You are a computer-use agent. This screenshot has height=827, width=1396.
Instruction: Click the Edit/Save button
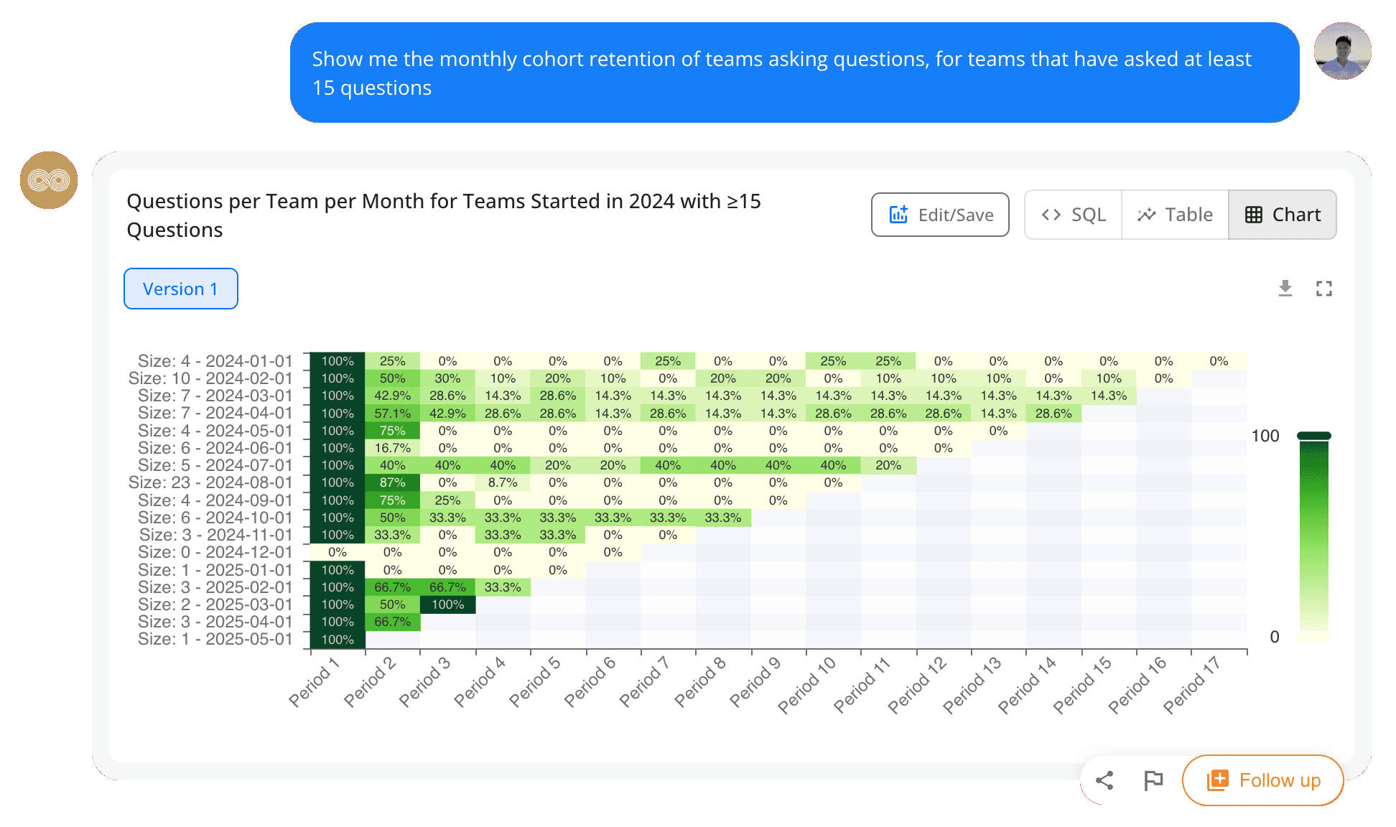coord(940,215)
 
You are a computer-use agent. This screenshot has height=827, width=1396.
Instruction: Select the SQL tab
coord(1074,215)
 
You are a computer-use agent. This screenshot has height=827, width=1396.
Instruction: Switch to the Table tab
coord(1175,215)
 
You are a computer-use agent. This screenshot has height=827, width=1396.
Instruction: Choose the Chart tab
coord(1283,215)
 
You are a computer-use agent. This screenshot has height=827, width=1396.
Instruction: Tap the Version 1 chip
coord(180,289)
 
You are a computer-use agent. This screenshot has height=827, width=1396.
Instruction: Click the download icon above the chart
coord(1285,289)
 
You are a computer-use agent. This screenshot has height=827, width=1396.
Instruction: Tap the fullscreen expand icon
coord(1324,289)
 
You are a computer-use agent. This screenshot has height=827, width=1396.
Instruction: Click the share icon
coord(1104,780)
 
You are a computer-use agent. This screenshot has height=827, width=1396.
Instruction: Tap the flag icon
coord(1153,780)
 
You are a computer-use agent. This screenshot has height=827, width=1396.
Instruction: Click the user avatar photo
coord(1342,51)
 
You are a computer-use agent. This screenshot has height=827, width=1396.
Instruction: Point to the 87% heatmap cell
coord(392,482)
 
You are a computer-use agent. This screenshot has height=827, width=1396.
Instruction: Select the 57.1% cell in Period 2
coord(392,413)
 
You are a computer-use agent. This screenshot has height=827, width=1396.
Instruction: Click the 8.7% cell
coord(503,482)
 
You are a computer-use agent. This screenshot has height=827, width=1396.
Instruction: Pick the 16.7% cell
coord(392,448)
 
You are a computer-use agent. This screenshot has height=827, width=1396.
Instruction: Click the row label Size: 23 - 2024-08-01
coord(210,482)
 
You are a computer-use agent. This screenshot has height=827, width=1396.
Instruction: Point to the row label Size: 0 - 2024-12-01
coord(215,552)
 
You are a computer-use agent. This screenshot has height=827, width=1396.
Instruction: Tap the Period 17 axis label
coord(1192,686)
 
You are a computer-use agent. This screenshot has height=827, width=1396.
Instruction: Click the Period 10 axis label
coord(807,686)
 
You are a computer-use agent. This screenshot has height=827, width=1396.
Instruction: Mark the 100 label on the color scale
coord(1265,436)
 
